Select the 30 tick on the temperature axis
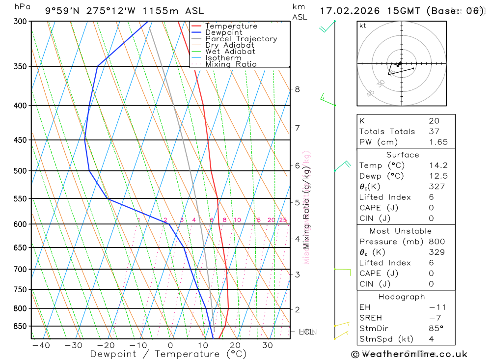coord(267,345)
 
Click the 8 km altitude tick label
coord(297,89)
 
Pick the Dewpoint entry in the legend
coord(224,32)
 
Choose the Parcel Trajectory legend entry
coord(241,39)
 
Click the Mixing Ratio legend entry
coord(231,64)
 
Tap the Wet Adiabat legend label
coord(230,52)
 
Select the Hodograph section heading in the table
coord(402,297)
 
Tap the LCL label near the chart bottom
coord(306,332)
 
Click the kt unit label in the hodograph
coord(363,26)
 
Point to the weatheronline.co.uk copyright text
coord(409,354)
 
